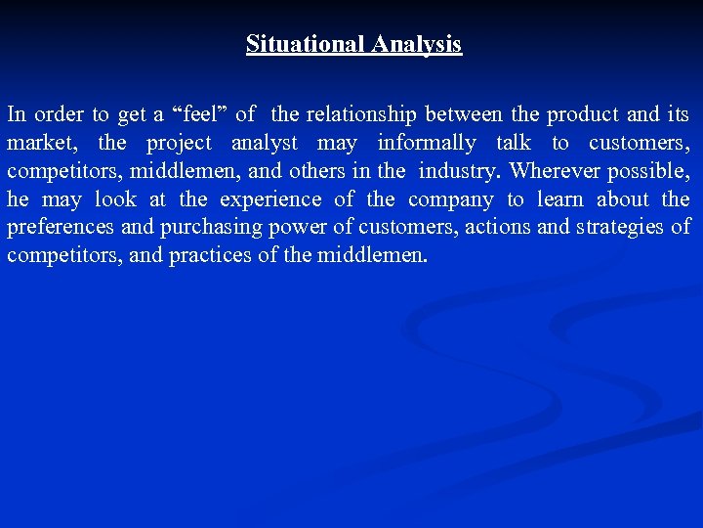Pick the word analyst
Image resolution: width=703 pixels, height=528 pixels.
[x=264, y=143]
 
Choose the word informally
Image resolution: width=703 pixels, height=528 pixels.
[x=427, y=143]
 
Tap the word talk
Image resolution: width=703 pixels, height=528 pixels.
[x=514, y=143]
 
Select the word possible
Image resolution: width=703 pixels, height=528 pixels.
[x=652, y=171]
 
